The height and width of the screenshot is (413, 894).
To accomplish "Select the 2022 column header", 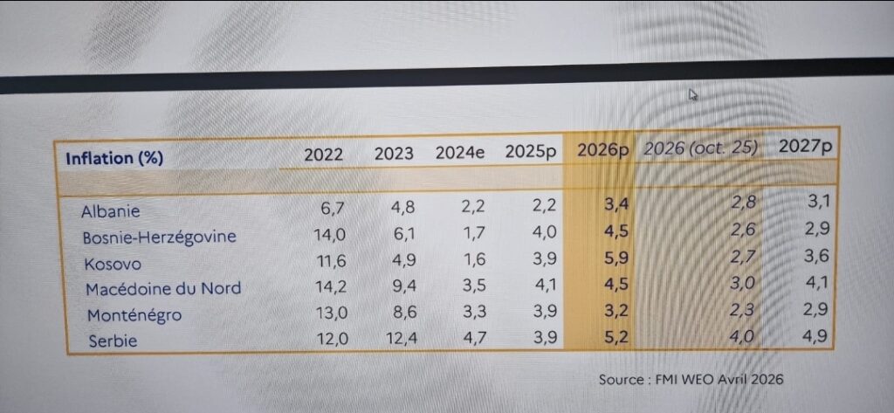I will click(323, 154).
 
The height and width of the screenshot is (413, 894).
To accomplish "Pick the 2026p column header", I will click(602, 149).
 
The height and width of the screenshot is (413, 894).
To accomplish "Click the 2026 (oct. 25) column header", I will click(701, 148).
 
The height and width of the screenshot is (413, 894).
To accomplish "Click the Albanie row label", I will click(111, 211).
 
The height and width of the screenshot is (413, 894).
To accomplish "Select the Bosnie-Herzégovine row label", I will click(159, 237).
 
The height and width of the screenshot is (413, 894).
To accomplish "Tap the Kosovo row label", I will click(112, 263).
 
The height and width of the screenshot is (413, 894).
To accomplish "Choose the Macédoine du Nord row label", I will click(162, 288).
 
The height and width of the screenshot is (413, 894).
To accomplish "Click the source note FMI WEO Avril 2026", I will click(691, 379).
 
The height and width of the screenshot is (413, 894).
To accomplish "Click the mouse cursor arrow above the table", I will click(692, 94).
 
